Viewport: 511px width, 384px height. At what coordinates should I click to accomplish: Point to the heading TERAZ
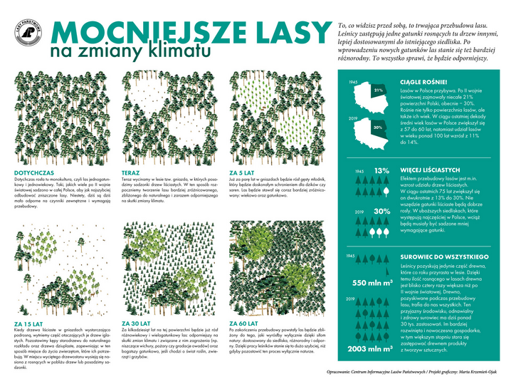point(130,172)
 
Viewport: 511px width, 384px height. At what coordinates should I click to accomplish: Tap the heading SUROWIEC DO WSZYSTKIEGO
point(443,255)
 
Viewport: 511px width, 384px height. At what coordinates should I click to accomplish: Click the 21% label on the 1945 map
point(377,90)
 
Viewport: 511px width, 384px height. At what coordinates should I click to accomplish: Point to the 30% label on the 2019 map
point(377,128)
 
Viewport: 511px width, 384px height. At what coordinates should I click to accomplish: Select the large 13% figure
point(381,171)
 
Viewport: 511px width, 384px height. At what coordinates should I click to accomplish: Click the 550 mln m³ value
point(373,283)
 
